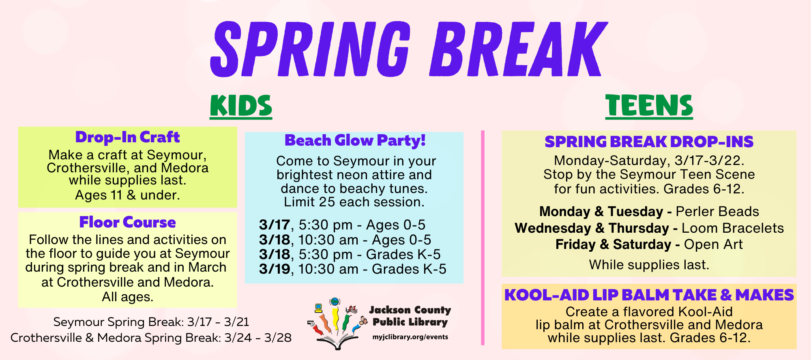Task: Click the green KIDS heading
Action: click(x=241, y=106)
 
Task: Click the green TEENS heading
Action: click(x=649, y=106)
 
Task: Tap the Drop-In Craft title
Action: click(x=127, y=137)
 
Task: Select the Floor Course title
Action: click(x=127, y=222)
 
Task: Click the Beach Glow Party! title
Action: click(x=355, y=140)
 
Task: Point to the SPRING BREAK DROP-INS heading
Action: click(x=649, y=141)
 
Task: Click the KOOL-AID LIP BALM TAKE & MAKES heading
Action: click(x=649, y=295)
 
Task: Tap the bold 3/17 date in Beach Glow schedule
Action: click(x=275, y=225)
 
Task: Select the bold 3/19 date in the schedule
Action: click(x=275, y=269)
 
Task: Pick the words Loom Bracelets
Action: click(x=733, y=228)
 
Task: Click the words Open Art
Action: click(x=713, y=244)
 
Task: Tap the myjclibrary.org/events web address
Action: click(x=410, y=337)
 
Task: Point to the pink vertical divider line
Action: click(x=483, y=238)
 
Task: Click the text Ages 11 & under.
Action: click(x=127, y=195)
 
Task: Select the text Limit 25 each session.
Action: click(x=354, y=202)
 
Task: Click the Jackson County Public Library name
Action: click(x=410, y=316)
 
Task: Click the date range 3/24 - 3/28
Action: click(x=258, y=338)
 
